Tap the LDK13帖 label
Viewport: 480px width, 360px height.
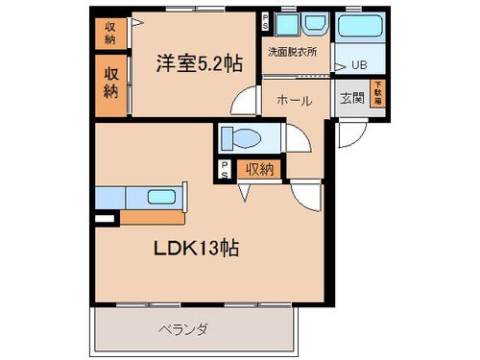pos(197,248)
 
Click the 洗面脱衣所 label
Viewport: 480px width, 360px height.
pos(291,51)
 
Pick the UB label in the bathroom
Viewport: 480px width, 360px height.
pos(359,64)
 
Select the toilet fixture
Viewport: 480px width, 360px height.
pos(240,138)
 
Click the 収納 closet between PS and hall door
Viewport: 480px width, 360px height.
pos(258,170)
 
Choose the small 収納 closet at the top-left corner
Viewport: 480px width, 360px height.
pos(110,34)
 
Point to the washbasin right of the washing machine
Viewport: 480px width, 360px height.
pos(314,24)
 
